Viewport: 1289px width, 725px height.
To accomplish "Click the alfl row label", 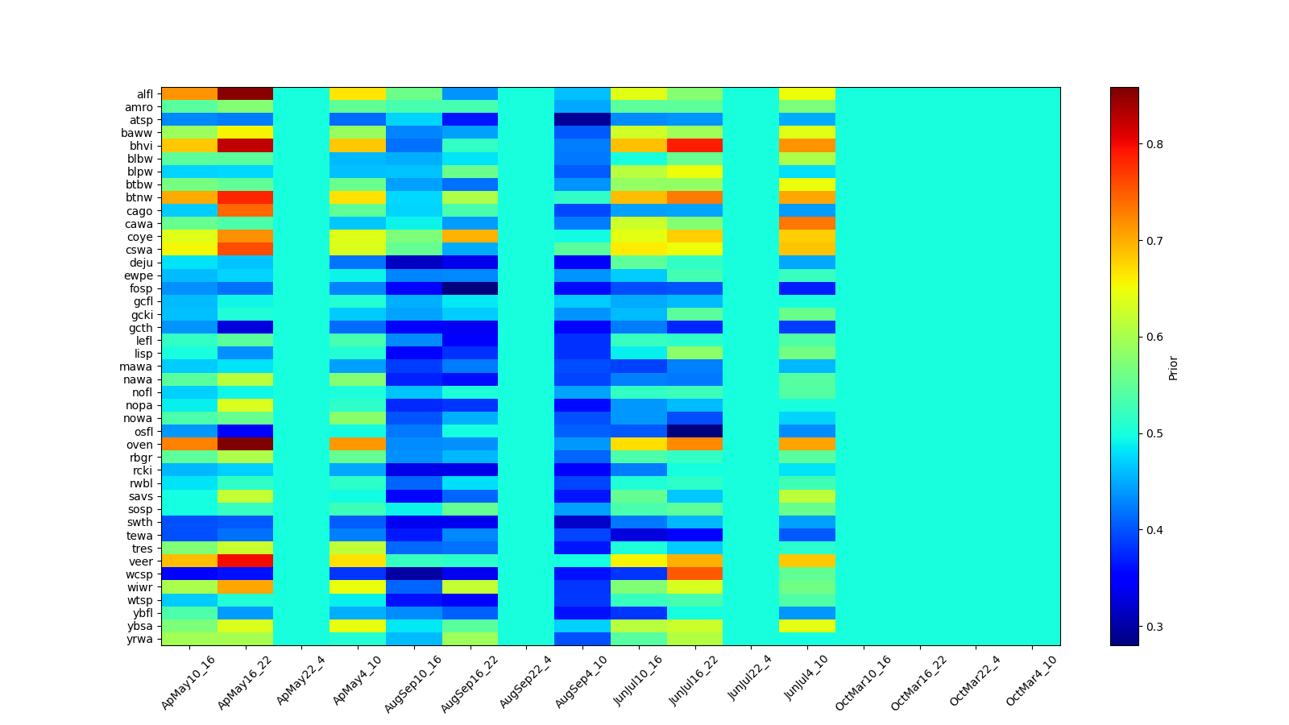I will pos(144,94).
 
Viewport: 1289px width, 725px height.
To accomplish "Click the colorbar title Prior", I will pos(1173,367).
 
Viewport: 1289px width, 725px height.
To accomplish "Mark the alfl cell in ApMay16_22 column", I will pos(245,94).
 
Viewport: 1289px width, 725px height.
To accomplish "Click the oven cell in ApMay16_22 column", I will pos(245,445).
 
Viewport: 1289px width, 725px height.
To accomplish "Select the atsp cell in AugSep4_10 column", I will pos(582,120).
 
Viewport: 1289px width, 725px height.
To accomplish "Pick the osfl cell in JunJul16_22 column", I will pos(694,432).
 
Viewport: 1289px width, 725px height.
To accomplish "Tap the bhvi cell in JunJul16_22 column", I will pos(694,146).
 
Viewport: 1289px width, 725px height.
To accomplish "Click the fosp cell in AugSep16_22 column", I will pos(470,288).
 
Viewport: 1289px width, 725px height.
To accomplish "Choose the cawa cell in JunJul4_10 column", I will pos(807,224).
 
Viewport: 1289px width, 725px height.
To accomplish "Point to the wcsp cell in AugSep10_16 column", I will pos(414,574).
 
